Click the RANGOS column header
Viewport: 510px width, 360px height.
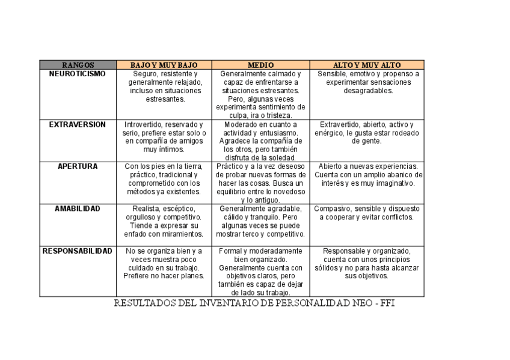click(78, 65)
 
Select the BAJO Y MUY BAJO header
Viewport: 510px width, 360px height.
click(164, 65)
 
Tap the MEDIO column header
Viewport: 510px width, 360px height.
click(260, 65)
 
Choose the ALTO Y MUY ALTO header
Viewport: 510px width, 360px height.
click(367, 65)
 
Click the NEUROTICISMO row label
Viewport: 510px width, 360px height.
click(78, 74)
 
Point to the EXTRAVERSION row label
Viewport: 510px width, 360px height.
click(78, 124)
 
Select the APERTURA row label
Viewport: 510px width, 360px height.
click(78, 166)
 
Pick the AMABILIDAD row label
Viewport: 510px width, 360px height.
click(78, 209)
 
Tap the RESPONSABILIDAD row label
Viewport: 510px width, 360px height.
click(78, 251)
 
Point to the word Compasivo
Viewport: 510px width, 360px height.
click(330, 209)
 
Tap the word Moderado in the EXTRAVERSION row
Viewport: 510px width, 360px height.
click(236, 124)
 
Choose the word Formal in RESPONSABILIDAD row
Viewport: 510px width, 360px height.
click(230, 251)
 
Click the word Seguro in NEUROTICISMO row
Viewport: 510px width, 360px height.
click(145, 74)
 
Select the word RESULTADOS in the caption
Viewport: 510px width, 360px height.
click(146, 304)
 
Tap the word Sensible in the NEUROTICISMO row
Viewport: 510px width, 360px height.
click(332, 74)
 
